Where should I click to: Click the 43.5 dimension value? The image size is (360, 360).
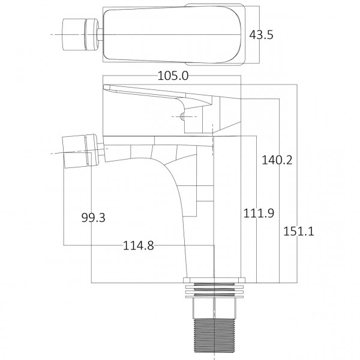pos(261,35)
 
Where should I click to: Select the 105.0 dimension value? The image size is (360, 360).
pos(172,76)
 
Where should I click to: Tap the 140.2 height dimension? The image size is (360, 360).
pos(277,160)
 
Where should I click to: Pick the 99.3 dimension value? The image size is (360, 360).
pos(93,218)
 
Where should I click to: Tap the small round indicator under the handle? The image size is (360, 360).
pos(181,115)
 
